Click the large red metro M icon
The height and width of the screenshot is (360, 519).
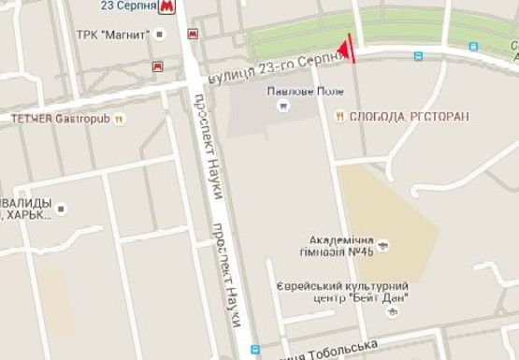167,7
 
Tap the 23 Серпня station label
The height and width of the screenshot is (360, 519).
128,6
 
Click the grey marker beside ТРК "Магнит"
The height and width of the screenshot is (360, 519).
161,35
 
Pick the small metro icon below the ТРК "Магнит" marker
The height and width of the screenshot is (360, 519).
157,66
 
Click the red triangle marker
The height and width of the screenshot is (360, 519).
346,49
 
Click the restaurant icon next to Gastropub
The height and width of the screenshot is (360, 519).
119,119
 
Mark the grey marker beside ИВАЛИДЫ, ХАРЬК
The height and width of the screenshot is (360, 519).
62,209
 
